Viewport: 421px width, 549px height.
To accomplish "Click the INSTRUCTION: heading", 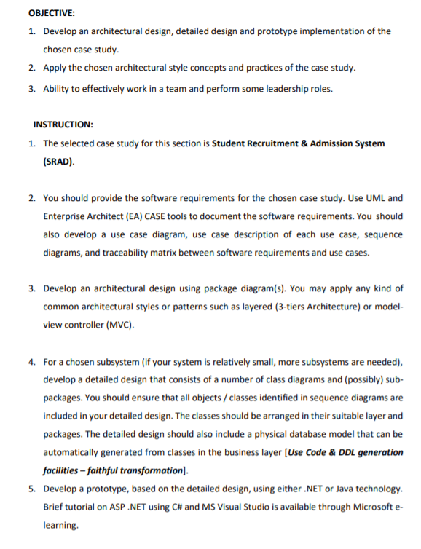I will tap(62, 125).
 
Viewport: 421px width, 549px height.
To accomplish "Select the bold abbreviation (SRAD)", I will tap(59, 162).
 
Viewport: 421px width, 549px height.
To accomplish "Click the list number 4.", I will tap(33, 362).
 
